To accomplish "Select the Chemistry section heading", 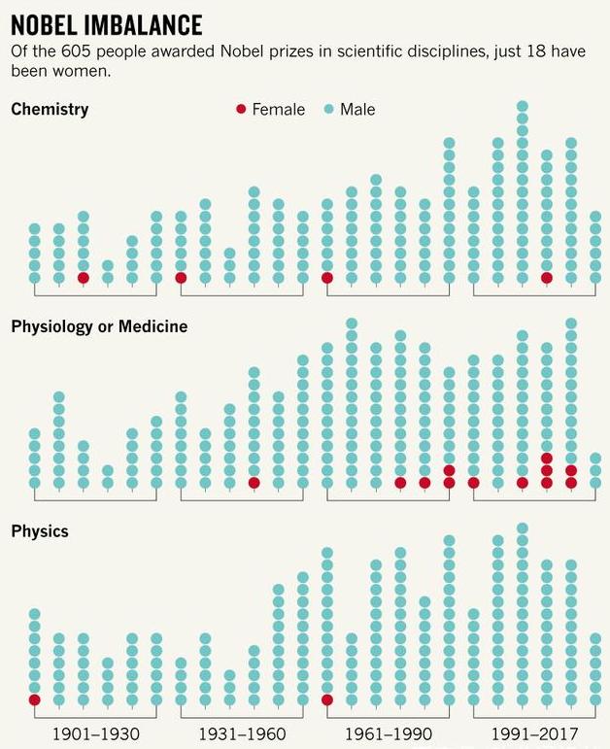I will tap(50, 109).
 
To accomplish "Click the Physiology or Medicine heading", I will tap(99, 326).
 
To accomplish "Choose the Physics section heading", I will tap(39, 531).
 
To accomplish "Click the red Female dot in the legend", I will tap(241, 110).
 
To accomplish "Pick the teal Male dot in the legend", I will tap(328, 110).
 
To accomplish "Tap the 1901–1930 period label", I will tap(95, 733).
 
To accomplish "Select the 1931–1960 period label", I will tap(242, 733).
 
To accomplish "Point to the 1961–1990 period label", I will tap(389, 733).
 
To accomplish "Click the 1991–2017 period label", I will tap(534, 733).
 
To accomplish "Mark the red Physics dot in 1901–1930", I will tap(35, 699).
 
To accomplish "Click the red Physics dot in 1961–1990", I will tap(327, 699).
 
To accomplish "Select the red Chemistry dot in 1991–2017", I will tap(547, 278).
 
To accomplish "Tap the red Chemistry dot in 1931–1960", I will tap(181, 278).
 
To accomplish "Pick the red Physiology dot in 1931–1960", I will tap(254, 483).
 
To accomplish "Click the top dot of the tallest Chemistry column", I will tap(523, 107).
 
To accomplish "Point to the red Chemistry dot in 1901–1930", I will tap(84, 278).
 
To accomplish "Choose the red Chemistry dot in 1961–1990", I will tap(327, 278).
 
